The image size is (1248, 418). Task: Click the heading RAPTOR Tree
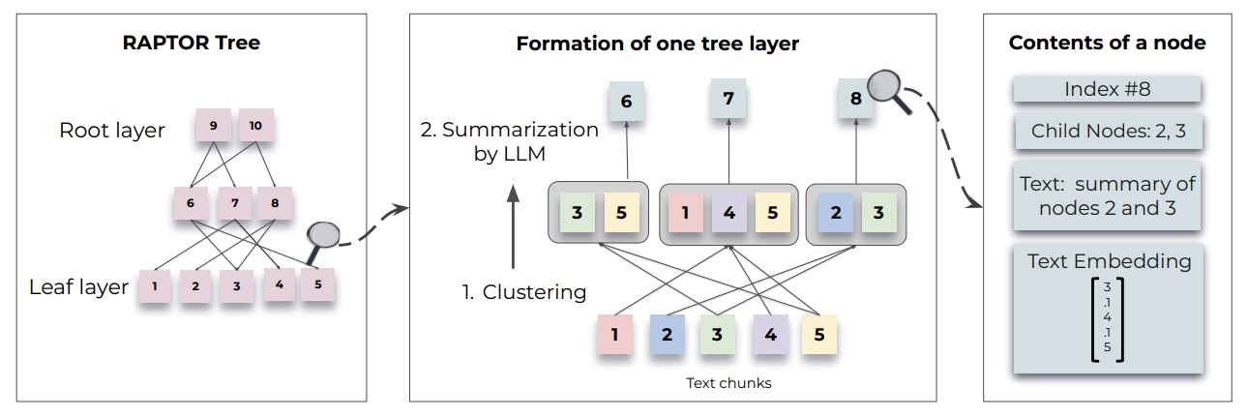[192, 43]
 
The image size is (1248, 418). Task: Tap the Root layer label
[112, 131]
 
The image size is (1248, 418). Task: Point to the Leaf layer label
[78, 287]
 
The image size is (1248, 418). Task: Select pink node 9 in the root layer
[214, 126]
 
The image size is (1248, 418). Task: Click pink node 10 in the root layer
[255, 126]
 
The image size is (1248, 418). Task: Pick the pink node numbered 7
[235, 203]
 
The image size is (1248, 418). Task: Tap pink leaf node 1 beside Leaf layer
[155, 286]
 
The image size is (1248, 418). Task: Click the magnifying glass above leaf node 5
[321, 241]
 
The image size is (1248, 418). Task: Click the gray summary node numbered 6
[626, 101]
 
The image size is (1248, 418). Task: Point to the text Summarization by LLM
[509, 141]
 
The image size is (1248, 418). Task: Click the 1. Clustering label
[524, 292]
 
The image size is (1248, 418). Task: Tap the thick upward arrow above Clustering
[513, 226]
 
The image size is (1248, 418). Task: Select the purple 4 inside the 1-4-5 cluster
[729, 212]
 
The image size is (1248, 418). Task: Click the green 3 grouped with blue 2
[878, 212]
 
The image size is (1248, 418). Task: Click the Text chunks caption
[728, 383]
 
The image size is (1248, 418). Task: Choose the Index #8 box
[1107, 89]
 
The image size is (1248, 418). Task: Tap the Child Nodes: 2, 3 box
[1109, 131]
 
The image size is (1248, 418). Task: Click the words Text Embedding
[1110, 261]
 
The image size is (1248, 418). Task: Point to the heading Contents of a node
[1107, 43]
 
